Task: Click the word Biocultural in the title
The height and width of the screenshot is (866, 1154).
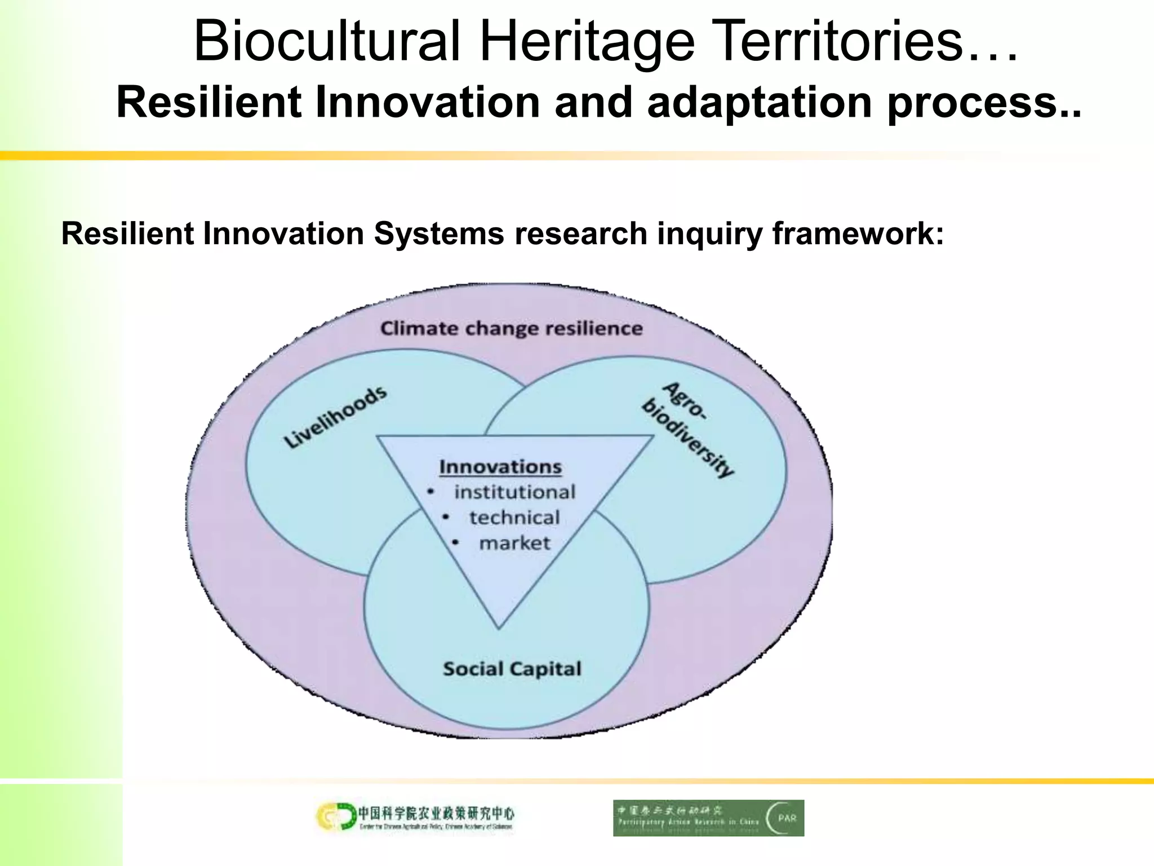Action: (327, 42)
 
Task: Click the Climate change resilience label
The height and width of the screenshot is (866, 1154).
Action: (511, 328)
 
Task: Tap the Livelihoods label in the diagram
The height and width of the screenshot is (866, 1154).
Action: (335, 417)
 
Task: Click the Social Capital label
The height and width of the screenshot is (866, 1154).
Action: (512, 669)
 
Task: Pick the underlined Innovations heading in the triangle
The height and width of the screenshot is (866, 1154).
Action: (500, 467)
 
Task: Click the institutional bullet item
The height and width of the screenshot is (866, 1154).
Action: (514, 492)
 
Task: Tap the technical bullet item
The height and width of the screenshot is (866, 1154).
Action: (514, 518)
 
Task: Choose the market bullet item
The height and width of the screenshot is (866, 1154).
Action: (514, 543)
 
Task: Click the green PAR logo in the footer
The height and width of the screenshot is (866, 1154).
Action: (708, 818)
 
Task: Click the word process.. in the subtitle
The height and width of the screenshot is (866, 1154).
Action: (984, 103)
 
